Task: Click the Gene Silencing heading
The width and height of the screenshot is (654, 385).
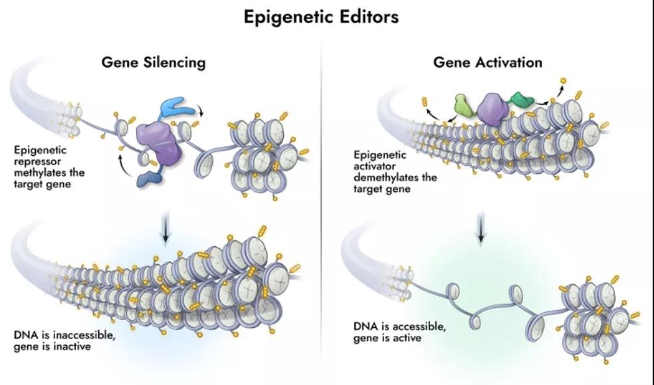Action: [x=153, y=62]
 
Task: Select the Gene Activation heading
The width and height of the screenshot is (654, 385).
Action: [x=487, y=62]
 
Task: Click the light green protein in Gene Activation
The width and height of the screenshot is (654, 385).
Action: [x=463, y=105]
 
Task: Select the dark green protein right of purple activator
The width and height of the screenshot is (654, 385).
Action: [x=522, y=100]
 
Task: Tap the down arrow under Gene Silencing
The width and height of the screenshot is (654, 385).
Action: [x=165, y=226]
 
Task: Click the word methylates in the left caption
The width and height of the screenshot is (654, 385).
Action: [x=40, y=173]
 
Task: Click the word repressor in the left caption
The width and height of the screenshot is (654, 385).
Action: [x=37, y=162]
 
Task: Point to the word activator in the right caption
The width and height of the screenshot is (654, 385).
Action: [x=373, y=167]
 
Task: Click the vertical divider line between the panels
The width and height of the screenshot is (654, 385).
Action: [x=322, y=199]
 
